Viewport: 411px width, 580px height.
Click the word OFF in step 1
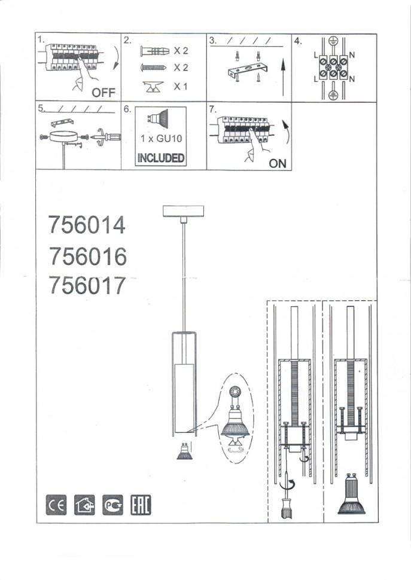pyautogui.click(x=103, y=93)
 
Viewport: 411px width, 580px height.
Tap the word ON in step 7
pyautogui.click(x=278, y=163)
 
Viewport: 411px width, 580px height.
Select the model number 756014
pyautogui.click(x=87, y=225)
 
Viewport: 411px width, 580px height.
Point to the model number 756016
pyautogui.click(x=87, y=256)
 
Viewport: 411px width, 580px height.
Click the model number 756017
pyautogui.click(x=87, y=286)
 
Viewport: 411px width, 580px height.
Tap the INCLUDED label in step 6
pyautogui.click(x=160, y=158)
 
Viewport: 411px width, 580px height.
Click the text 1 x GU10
pyautogui.click(x=160, y=139)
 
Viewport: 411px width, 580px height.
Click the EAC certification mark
pyautogui.click(x=141, y=506)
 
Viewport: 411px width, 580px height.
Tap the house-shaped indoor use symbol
pyautogui.click(x=84, y=506)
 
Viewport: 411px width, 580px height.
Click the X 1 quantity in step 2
pyautogui.click(x=181, y=87)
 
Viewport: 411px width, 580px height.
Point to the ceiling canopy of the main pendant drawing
pyautogui.click(x=183, y=212)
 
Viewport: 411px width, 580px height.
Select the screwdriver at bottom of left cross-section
pyautogui.click(x=287, y=501)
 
